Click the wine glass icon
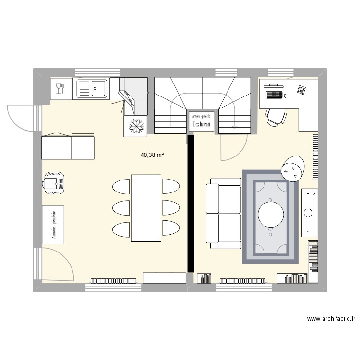tap(60, 88)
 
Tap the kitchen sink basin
tap(98, 88)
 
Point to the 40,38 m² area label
tap(152, 155)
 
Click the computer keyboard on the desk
tap(274, 94)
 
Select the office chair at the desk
tap(276, 117)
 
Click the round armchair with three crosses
tap(291, 168)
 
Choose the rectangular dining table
tap(146, 208)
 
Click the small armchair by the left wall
tap(53, 182)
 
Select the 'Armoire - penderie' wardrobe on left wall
tap(53, 224)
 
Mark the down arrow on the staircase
tap(234, 126)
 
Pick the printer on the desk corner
tap(301, 90)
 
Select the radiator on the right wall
tap(315, 156)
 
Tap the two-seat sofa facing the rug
tap(223, 213)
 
